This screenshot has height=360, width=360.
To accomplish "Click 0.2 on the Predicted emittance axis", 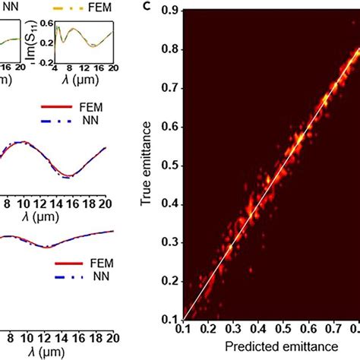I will tap(207, 332).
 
